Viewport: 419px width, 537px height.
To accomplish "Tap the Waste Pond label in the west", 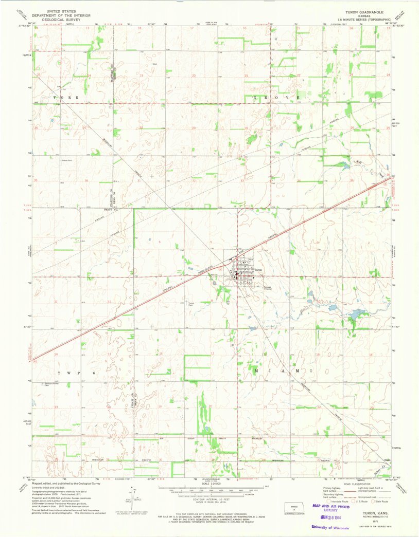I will pyautogui.click(x=67, y=161).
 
